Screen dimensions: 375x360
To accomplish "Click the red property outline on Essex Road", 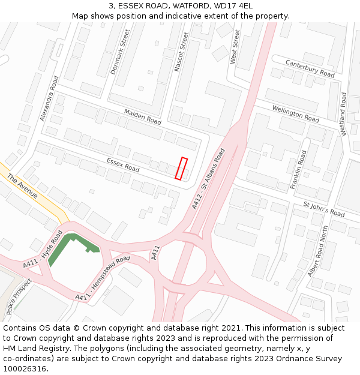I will (x=181, y=168).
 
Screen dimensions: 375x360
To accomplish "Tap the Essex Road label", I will (x=122, y=165).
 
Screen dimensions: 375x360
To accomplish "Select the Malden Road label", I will (x=143, y=116).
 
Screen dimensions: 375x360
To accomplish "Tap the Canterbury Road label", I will (x=310, y=68).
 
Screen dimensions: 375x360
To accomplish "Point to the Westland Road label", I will (x=344, y=114).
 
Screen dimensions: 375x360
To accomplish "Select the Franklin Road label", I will (x=298, y=170).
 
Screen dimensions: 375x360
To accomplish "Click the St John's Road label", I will (x=324, y=209).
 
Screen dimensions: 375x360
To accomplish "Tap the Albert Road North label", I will (x=318, y=251).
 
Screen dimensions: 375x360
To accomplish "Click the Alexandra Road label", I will (x=49, y=98).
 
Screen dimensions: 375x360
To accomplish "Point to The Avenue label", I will (x=23, y=187).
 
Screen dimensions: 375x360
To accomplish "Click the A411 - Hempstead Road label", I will (x=102, y=279).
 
